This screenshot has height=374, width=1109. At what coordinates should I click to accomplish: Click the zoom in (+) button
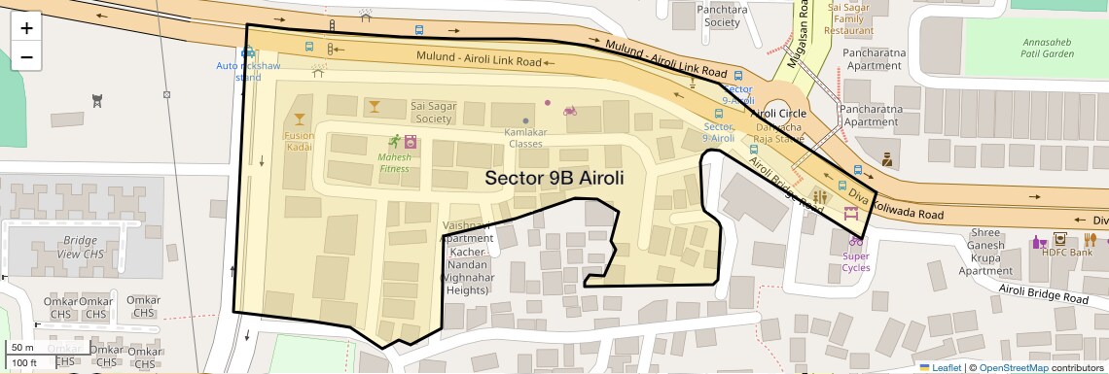(26, 28)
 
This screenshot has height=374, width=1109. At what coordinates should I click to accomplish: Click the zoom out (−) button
(26, 56)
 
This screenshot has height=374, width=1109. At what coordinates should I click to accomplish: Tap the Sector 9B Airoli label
(553, 178)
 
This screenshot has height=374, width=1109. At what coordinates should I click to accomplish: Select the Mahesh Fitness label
(394, 161)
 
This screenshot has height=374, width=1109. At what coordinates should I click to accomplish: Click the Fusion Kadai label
(299, 141)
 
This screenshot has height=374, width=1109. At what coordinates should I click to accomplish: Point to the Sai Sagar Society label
(431, 112)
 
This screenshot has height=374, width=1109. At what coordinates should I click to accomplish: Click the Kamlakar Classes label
(525, 137)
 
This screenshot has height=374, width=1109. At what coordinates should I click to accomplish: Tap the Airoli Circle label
(778, 114)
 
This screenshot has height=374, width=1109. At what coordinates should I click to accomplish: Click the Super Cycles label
(856, 262)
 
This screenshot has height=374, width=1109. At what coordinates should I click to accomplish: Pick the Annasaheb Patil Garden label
(1048, 49)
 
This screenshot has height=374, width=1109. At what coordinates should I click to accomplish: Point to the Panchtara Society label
(722, 15)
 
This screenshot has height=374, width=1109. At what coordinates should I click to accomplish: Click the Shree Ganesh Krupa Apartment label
(985, 252)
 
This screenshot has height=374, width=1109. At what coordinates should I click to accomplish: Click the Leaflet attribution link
(947, 367)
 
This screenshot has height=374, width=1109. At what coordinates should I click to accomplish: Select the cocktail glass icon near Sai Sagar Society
(374, 104)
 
